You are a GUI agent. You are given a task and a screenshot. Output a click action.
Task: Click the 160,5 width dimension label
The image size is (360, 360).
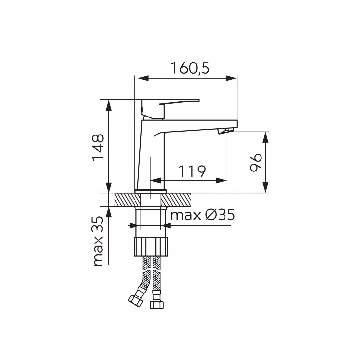(x=190, y=68)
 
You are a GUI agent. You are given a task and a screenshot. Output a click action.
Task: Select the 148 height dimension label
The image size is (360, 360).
(x=98, y=147)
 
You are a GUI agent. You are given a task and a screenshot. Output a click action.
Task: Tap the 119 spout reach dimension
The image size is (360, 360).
(x=192, y=171)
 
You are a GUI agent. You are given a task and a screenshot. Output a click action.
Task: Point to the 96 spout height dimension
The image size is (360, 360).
(x=256, y=162)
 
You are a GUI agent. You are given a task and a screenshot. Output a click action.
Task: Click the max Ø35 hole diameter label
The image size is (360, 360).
(x=203, y=215)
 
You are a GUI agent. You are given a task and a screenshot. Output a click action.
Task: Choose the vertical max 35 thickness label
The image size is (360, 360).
(x=98, y=241)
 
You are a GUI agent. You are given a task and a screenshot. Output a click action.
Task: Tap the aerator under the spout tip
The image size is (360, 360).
(x=225, y=131)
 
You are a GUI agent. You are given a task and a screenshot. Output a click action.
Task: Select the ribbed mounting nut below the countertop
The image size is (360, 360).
(x=151, y=247)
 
